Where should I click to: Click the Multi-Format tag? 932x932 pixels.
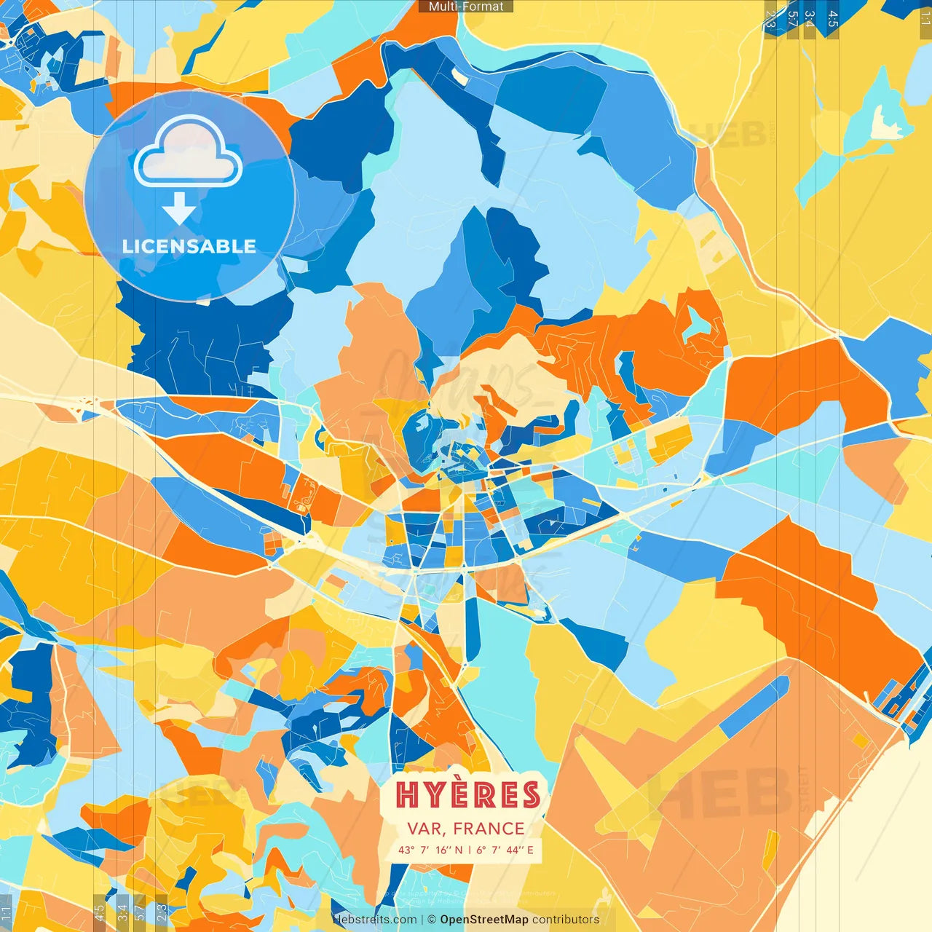point(466,7)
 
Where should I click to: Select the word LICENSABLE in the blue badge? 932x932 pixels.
point(189,246)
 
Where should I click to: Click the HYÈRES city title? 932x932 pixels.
point(468,795)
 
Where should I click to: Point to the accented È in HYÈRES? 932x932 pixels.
point(468,794)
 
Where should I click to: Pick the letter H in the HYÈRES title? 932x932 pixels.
point(408,796)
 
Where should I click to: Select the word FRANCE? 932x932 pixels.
point(489,829)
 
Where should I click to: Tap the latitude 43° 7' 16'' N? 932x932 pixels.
point(430,850)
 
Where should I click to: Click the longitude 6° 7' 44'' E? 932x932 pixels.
point(505,850)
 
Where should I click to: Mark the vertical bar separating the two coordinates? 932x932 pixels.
point(470,850)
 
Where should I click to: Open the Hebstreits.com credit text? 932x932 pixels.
point(374,920)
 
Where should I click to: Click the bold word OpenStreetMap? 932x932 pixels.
point(484,920)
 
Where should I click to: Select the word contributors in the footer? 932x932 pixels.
point(566,920)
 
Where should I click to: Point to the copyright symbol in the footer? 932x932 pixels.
point(431,920)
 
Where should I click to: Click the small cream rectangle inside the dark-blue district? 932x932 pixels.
point(459,75)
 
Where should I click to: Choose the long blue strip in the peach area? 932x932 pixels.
point(754,706)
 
